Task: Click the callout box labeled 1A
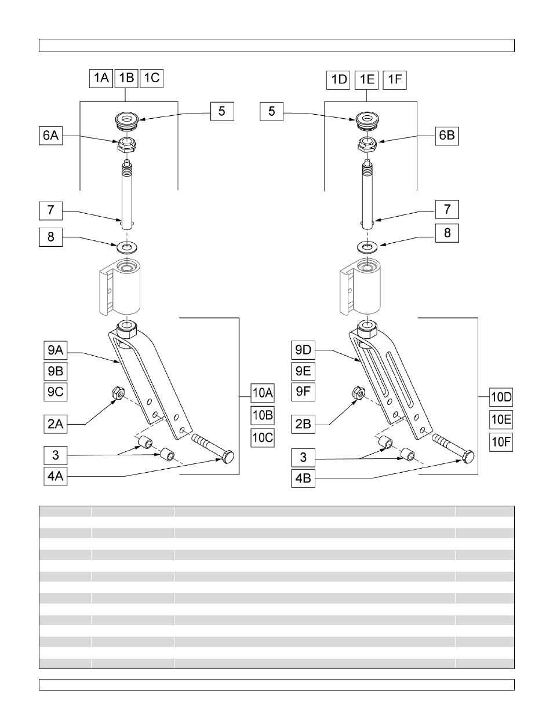point(101,78)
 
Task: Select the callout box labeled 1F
point(395,79)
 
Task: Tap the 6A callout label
point(50,136)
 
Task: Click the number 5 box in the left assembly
point(221,111)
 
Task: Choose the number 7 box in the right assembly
point(447,209)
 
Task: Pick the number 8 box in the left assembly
point(51,237)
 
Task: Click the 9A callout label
point(56,350)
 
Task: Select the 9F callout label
point(303,391)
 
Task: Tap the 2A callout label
point(56,424)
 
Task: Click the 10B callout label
point(262,415)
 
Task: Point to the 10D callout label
point(501,397)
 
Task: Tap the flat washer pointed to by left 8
point(125,247)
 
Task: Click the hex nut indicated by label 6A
point(126,144)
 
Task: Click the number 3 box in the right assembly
point(303,457)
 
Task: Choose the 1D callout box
point(339,79)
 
